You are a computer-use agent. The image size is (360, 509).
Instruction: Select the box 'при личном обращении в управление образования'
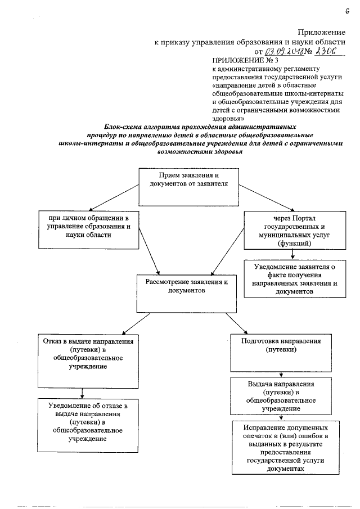(89, 229)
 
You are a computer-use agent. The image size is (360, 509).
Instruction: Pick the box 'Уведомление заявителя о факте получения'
(294, 277)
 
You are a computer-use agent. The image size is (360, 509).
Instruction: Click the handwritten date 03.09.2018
(285, 51)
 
